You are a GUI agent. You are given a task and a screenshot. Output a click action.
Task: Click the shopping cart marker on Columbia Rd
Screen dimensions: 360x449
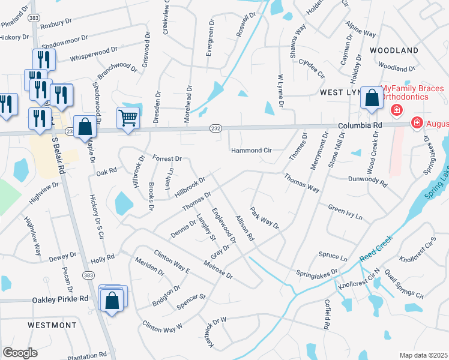click(x=128, y=118)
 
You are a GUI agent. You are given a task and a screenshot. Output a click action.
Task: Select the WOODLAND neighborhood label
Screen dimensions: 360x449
click(x=393, y=50)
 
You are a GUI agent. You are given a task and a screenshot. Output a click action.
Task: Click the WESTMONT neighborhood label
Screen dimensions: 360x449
click(x=52, y=325)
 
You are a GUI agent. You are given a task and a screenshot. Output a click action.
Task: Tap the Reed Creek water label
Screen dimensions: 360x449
click(x=376, y=251)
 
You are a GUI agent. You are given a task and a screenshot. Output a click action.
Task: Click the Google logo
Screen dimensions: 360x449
click(x=20, y=353)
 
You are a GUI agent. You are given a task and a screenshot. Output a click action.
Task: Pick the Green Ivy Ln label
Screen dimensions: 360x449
click(x=345, y=211)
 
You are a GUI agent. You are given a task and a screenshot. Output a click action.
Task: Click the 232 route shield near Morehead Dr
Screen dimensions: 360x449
click(x=215, y=128)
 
